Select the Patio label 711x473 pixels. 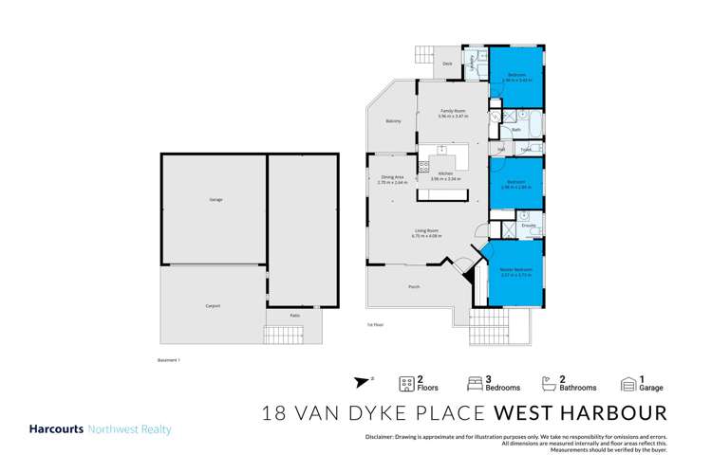pos(295,315)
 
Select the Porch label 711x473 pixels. pos(414,286)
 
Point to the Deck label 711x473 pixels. pos(433,64)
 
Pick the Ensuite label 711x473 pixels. pos(529,225)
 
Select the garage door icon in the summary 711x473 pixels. pos(628,384)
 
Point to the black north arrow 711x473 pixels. pos(359,383)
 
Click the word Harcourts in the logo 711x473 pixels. pos(56,429)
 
